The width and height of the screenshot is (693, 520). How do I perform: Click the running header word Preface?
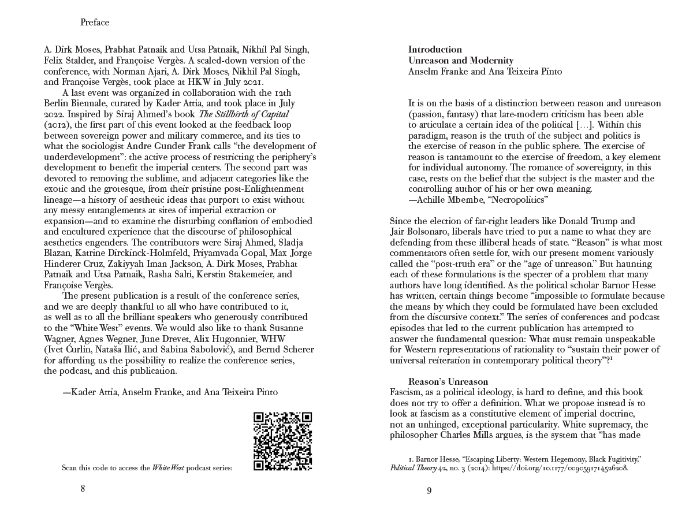(x=95, y=23)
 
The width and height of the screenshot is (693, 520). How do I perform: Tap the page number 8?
(x=83, y=488)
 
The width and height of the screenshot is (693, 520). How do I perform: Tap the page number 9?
(x=429, y=491)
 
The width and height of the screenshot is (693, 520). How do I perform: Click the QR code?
(x=283, y=441)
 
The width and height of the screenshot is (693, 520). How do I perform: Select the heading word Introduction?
(x=435, y=50)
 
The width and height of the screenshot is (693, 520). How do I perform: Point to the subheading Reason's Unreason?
(x=448, y=381)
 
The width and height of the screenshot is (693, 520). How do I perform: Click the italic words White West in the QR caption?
(x=168, y=468)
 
